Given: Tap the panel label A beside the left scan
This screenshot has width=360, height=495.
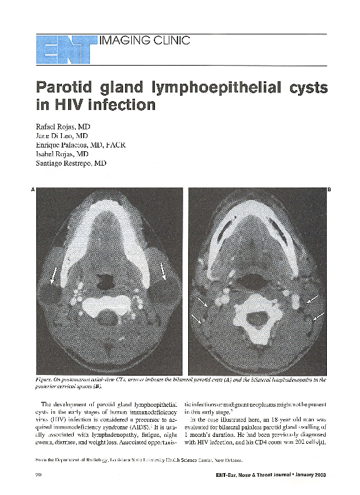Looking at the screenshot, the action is click(x=32, y=189).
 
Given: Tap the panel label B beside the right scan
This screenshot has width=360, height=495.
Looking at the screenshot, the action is click(x=329, y=189).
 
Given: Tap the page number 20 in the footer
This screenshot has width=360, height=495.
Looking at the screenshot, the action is click(x=31, y=477).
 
